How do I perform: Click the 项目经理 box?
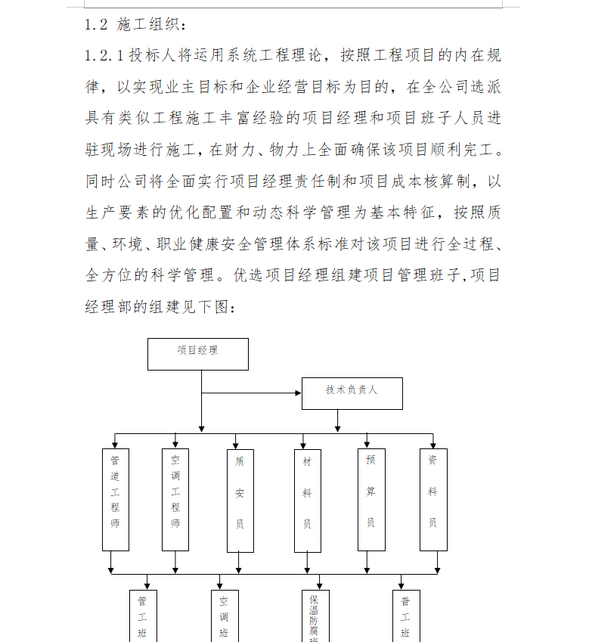coord(197,353)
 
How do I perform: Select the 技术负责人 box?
coord(352,392)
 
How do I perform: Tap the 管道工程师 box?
coord(115,499)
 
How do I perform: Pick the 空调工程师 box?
coord(175,499)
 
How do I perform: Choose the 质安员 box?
coord(240,501)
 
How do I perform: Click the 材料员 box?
coord(307,501)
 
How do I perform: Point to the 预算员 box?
coord(370,499)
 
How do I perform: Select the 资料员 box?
coord(433,499)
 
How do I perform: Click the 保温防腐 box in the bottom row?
coord(314,616)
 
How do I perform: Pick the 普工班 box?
coord(406,616)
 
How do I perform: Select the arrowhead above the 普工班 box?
coord(401,585)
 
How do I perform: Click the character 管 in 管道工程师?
coord(115,459)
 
